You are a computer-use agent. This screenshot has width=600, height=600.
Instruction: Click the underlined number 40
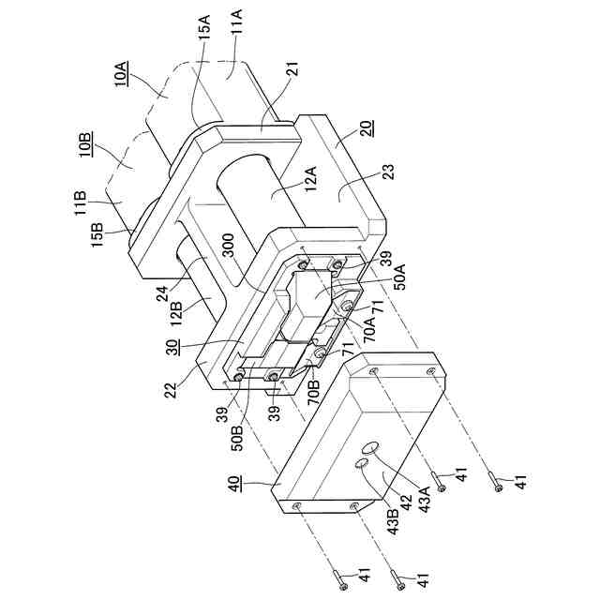click(237, 484)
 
